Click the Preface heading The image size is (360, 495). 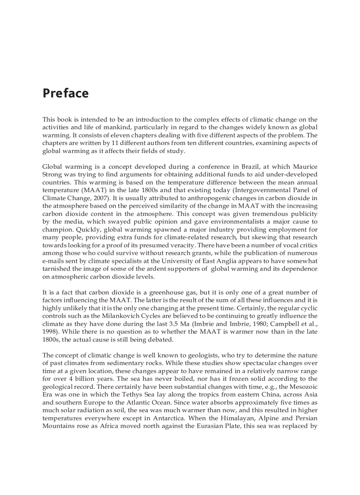tap(65, 93)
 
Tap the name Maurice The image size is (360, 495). tap(304, 167)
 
